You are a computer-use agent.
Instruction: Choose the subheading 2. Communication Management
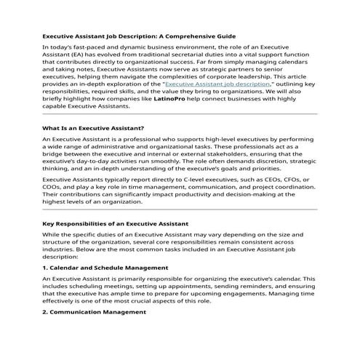[94, 311]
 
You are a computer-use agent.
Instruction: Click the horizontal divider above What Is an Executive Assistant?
[180, 114]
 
